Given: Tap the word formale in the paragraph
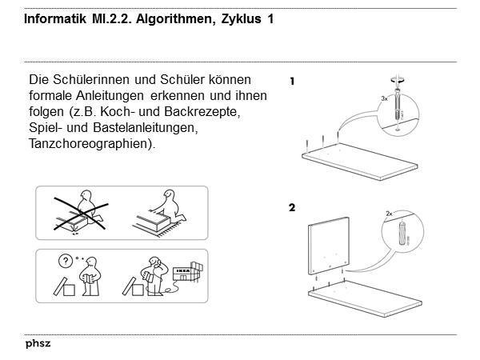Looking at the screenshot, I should (x=50, y=96).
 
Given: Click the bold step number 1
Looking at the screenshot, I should (x=292, y=81).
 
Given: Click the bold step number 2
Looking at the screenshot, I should (x=292, y=207).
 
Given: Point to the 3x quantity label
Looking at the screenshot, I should (x=384, y=98).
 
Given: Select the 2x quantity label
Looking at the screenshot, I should (x=389, y=214).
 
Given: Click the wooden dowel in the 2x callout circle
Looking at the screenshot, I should (x=402, y=232).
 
